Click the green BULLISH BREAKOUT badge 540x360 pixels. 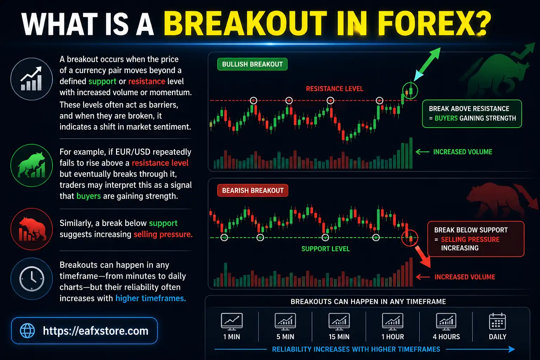pos(252,64)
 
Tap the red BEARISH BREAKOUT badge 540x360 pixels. pos(253,191)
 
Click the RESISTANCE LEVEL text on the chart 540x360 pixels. pos(334,89)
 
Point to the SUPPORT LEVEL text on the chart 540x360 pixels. pos(326,249)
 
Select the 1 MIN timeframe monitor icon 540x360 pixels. pos(232,321)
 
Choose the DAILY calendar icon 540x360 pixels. pos(497,321)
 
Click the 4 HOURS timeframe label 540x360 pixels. pos(446,337)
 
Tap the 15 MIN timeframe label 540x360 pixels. pos(339,337)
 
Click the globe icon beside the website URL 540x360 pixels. pos(27,331)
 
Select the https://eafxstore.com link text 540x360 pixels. pos(96,331)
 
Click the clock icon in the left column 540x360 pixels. pos(32,279)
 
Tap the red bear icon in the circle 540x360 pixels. pos(32,229)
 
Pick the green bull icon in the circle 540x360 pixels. pos(32,165)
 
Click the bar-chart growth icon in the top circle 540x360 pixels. pos(32,79)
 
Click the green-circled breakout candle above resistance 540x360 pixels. pos(410,91)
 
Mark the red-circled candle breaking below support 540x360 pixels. pos(410,238)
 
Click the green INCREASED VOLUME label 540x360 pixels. pos(462,152)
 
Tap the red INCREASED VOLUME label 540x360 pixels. pos(464,277)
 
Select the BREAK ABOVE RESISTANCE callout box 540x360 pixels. pos(472,114)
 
